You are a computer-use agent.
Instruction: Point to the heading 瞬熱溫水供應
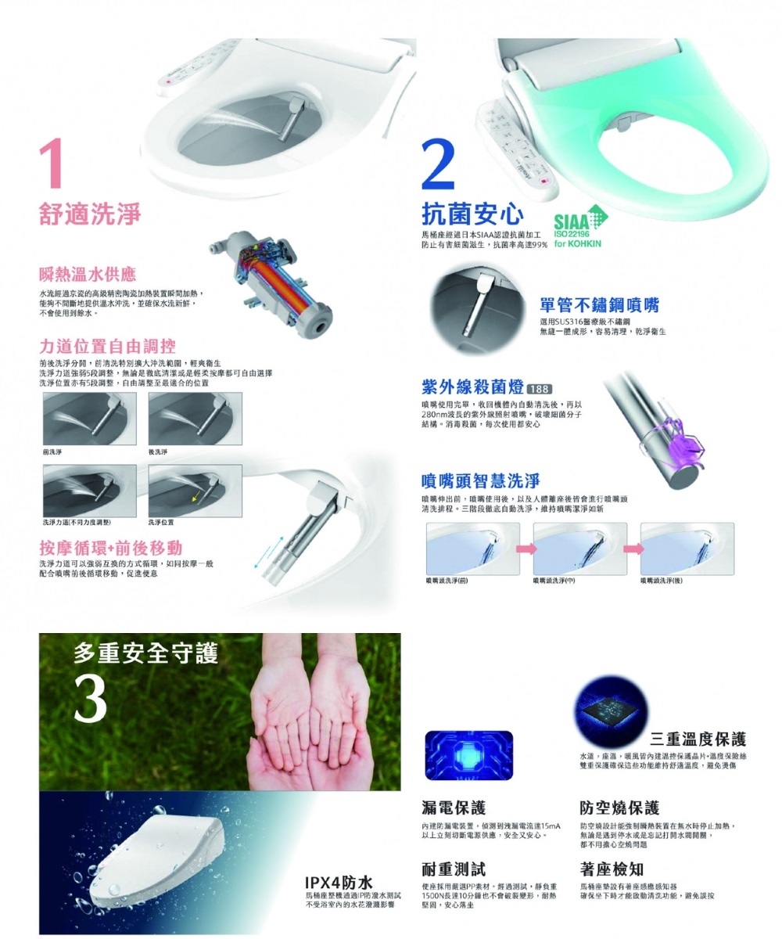88,275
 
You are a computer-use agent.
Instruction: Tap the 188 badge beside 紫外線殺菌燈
540,390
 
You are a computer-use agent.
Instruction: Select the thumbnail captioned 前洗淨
89,419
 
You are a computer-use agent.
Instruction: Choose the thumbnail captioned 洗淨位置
194,490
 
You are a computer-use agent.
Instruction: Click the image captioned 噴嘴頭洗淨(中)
579,549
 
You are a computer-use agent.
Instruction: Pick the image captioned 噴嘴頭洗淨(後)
686,549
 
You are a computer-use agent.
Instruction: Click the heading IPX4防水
339,882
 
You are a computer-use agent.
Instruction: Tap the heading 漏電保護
453,808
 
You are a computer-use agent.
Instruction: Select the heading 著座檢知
612,869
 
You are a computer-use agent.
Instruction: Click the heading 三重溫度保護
698,739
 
